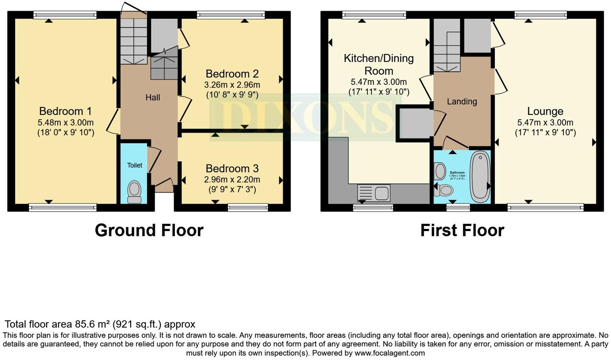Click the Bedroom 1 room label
point(66,111)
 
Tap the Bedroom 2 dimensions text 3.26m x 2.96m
point(232,85)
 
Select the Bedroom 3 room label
point(232,168)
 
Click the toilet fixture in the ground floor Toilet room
point(134,192)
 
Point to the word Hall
point(153,97)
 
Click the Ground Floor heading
point(149,230)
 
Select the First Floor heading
point(462,230)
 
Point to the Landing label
point(462,102)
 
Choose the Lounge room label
point(545,111)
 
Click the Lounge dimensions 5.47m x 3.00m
point(545,123)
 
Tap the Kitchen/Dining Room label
point(379,64)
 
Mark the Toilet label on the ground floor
point(135,165)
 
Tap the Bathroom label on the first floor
point(457,173)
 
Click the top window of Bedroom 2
point(231,15)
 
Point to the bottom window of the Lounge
point(545,207)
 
